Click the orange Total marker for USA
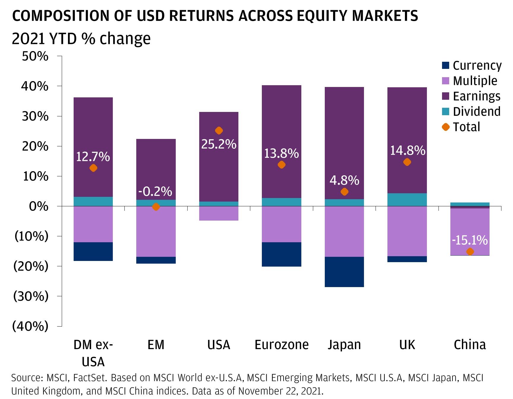coord(219,131)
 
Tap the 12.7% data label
coord(93,157)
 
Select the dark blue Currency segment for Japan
coord(344,272)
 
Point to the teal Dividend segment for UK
coord(407,199)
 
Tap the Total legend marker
coord(446,127)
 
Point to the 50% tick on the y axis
coord(35,56)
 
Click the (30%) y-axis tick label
coord(31,296)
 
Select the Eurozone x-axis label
coord(281,345)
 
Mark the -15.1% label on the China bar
coord(470,240)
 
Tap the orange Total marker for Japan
coord(344,192)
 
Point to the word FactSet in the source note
coord(89,378)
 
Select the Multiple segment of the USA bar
coord(219,213)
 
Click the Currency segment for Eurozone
coord(281,254)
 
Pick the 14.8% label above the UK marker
coord(407,151)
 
